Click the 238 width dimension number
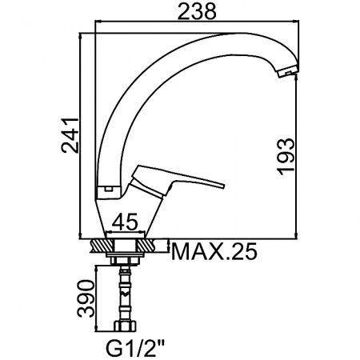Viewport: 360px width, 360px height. click(x=197, y=11)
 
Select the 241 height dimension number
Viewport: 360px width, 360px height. click(x=70, y=134)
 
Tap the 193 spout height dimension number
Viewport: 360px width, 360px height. click(x=286, y=157)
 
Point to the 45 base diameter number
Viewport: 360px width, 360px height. click(x=125, y=221)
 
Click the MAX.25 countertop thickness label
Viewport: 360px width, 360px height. click(x=214, y=251)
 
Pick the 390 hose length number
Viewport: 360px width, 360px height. click(x=86, y=298)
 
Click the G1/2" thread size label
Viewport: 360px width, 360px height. click(x=136, y=348)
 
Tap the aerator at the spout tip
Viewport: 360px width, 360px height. click(x=287, y=71)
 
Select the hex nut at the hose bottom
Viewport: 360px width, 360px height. click(x=125, y=326)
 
